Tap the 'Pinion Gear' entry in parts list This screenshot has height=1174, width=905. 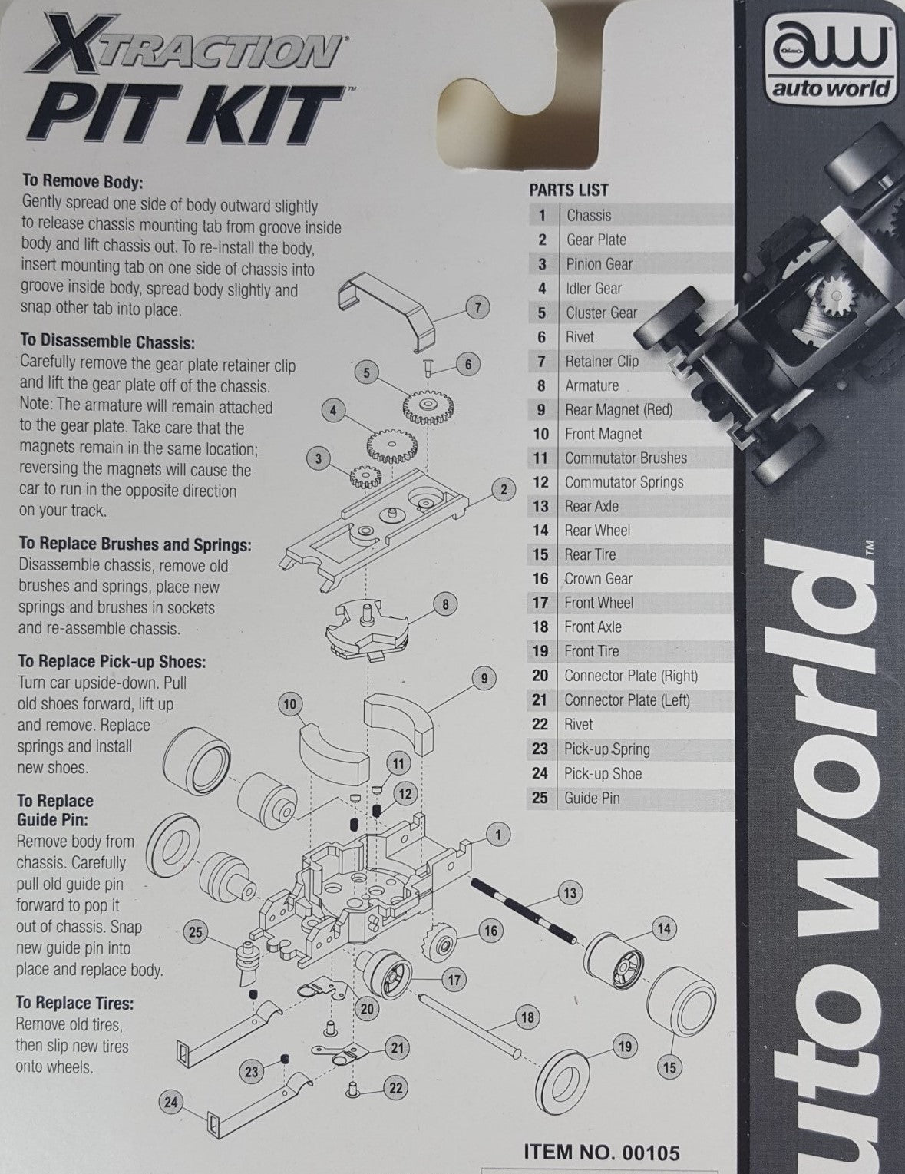tap(599, 264)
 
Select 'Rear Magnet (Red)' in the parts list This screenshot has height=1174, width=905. tap(618, 410)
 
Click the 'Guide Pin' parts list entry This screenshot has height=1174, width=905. tap(591, 798)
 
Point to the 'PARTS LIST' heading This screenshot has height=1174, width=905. tap(568, 190)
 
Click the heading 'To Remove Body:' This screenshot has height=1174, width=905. tap(83, 182)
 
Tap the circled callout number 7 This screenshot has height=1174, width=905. tap(477, 308)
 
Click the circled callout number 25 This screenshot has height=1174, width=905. tap(195, 932)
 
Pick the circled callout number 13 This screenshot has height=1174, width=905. tap(570, 893)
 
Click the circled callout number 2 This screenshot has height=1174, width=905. tap(504, 489)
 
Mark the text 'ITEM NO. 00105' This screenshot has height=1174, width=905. tap(601, 1152)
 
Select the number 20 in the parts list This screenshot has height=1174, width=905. tap(540, 676)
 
